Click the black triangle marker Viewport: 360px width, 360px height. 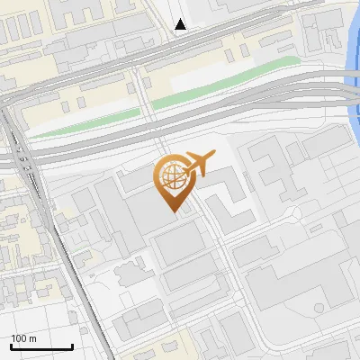click(181, 24)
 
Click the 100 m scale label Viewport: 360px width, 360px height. click(23, 338)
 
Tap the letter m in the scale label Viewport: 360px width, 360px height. click(32, 338)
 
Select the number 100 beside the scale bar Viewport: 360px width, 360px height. click(19, 338)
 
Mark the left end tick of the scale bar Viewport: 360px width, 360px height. click(11, 346)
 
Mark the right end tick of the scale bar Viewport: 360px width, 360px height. click(72, 346)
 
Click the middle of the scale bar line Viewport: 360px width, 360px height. click(41, 347)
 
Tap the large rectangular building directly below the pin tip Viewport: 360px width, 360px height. click(180, 244)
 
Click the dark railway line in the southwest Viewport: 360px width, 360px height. click(72, 270)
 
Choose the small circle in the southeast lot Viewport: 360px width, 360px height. click(319, 307)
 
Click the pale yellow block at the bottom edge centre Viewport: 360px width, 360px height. click(180, 346)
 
